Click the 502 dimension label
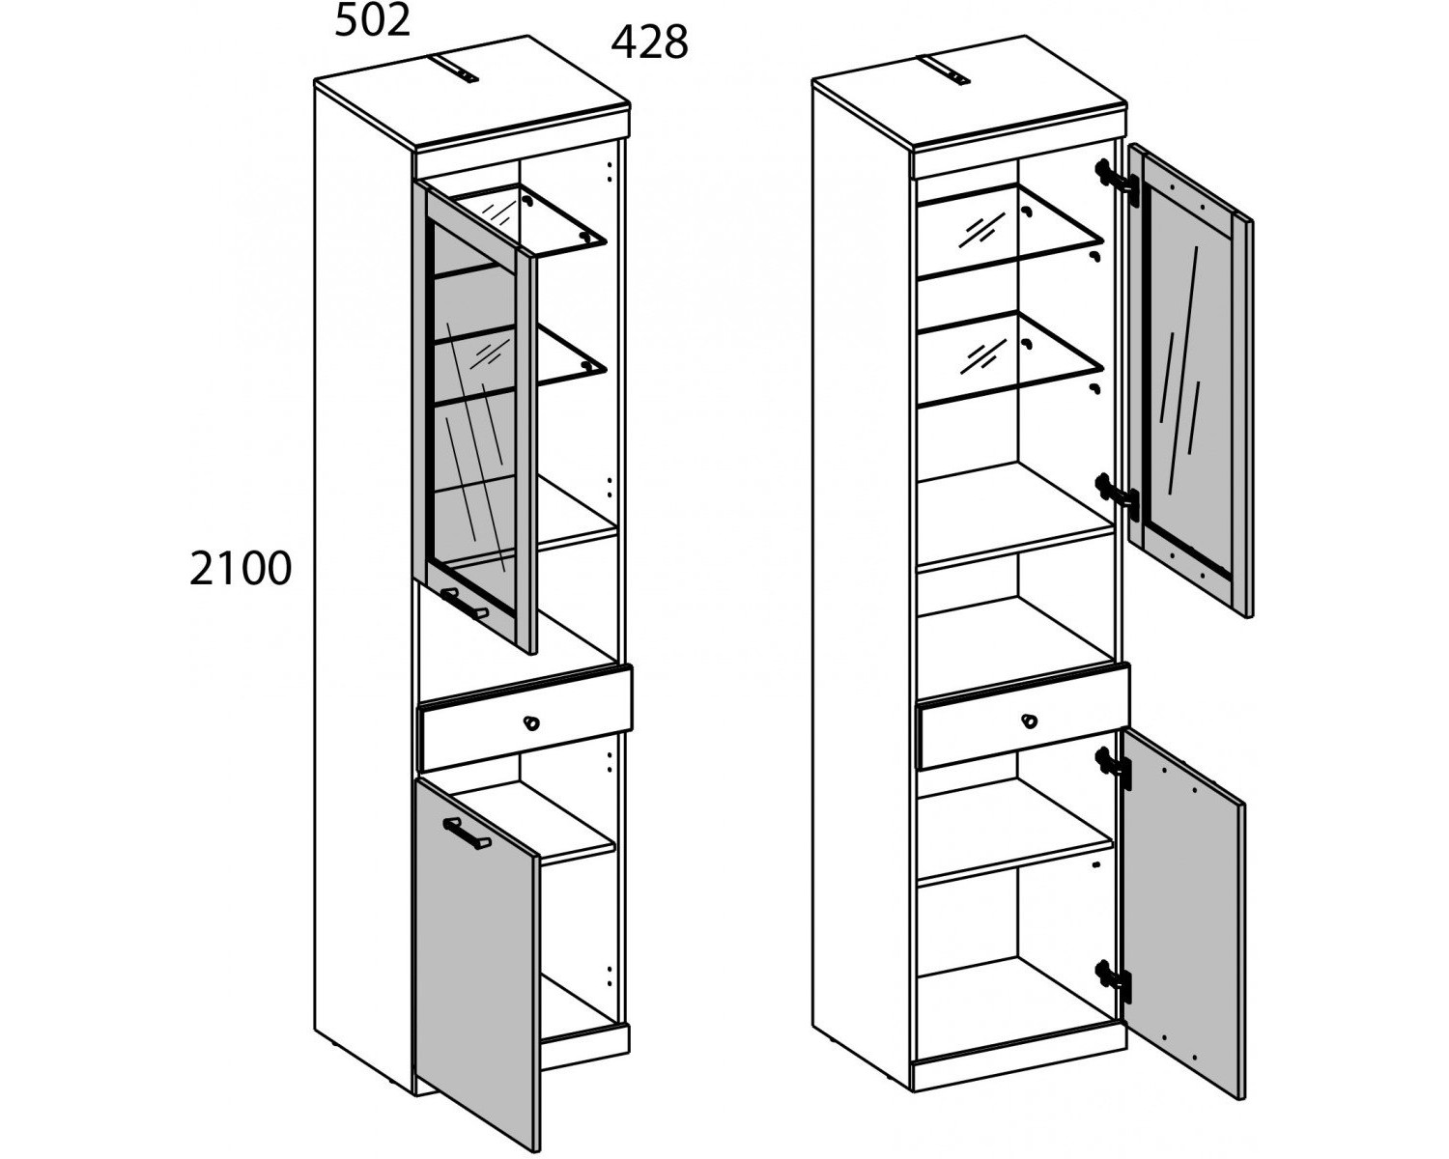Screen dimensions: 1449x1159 pyautogui.click(x=372, y=21)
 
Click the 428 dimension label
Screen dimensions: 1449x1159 pyautogui.click(x=649, y=43)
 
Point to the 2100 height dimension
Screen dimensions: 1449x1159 pyautogui.click(x=241, y=569)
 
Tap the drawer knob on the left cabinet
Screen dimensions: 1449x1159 pyautogui.click(x=531, y=723)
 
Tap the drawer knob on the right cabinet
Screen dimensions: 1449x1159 pyautogui.click(x=1029, y=721)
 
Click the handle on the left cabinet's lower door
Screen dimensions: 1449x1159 pyautogui.click(x=467, y=834)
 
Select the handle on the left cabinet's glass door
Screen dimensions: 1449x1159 pyautogui.click(x=465, y=603)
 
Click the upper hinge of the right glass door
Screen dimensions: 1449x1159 pyautogui.click(x=1117, y=182)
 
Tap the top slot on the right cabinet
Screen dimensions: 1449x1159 pyautogui.click(x=947, y=71)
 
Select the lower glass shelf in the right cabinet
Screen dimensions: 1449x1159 pyautogui.click(x=1010, y=361)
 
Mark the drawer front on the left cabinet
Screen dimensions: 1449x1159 pyautogui.click(x=526, y=718)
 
